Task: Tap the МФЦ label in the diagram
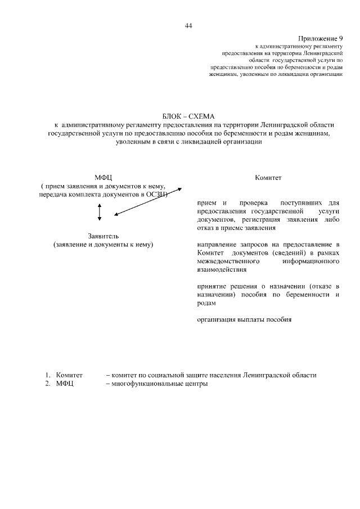[103, 177]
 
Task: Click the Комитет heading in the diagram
[268, 177]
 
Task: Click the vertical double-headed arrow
[100, 211]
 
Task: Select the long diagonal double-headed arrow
[147, 201]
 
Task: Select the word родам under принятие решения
[206, 303]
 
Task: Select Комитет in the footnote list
[69, 375]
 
